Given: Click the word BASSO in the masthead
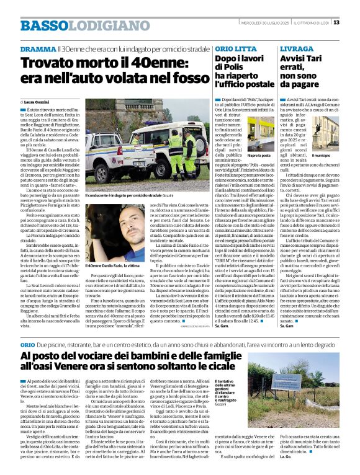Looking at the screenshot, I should point(43,25).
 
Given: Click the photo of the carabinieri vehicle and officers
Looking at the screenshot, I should point(146,140).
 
